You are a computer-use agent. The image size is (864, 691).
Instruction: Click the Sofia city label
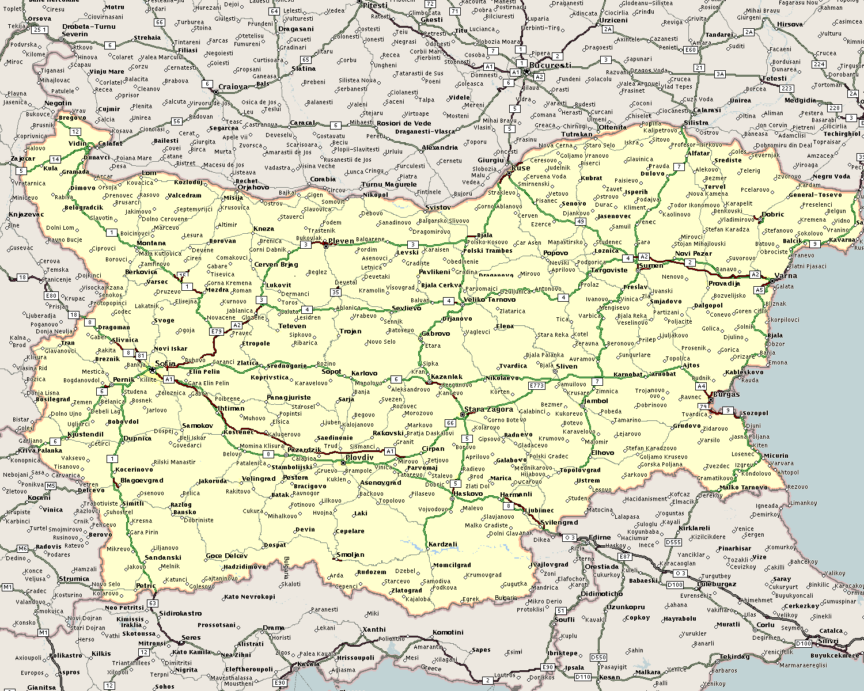pyautogui.click(x=165, y=364)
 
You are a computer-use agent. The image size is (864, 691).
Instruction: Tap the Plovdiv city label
pyautogui.click(x=359, y=458)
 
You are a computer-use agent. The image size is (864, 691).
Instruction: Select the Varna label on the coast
pyautogui.click(x=786, y=275)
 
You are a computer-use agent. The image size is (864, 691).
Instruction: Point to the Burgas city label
pyautogui.click(x=726, y=395)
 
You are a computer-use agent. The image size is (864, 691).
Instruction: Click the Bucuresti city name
pyautogui.click(x=550, y=65)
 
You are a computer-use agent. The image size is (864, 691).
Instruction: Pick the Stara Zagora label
pyautogui.click(x=488, y=409)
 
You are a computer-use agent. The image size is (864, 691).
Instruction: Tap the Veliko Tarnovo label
pyautogui.click(x=490, y=299)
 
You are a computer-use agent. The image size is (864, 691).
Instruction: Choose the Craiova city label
pyautogui.click(x=233, y=87)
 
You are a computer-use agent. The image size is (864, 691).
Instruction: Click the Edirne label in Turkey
pyautogui.click(x=600, y=537)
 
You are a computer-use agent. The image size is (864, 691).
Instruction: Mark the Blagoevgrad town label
pyautogui.click(x=142, y=480)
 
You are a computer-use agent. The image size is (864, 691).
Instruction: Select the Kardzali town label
pyautogui.click(x=442, y=544)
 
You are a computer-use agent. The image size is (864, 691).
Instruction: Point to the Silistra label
pyautogui.click(x=696, y=123)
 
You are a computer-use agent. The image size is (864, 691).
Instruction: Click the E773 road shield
pyautogui.click(x=536, y=386)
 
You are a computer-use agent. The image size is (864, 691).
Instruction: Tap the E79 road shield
pyautogui.click(x=217, y=332)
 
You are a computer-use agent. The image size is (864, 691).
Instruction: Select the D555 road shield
pyautogui.click(x=673, y=542)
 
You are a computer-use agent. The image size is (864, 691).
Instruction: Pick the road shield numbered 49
pyautogui.click(x=581, y=222)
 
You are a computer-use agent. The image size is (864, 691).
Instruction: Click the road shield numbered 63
pyautogui.click(x=152, y=603)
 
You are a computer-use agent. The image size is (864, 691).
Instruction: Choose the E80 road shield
pyautogui.click(x=51, y=296)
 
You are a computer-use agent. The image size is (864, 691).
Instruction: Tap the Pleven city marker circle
pyautogui.click(x=326, y=246)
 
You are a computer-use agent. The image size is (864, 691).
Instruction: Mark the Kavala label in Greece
pyautogui.click(x=309, y=664)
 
